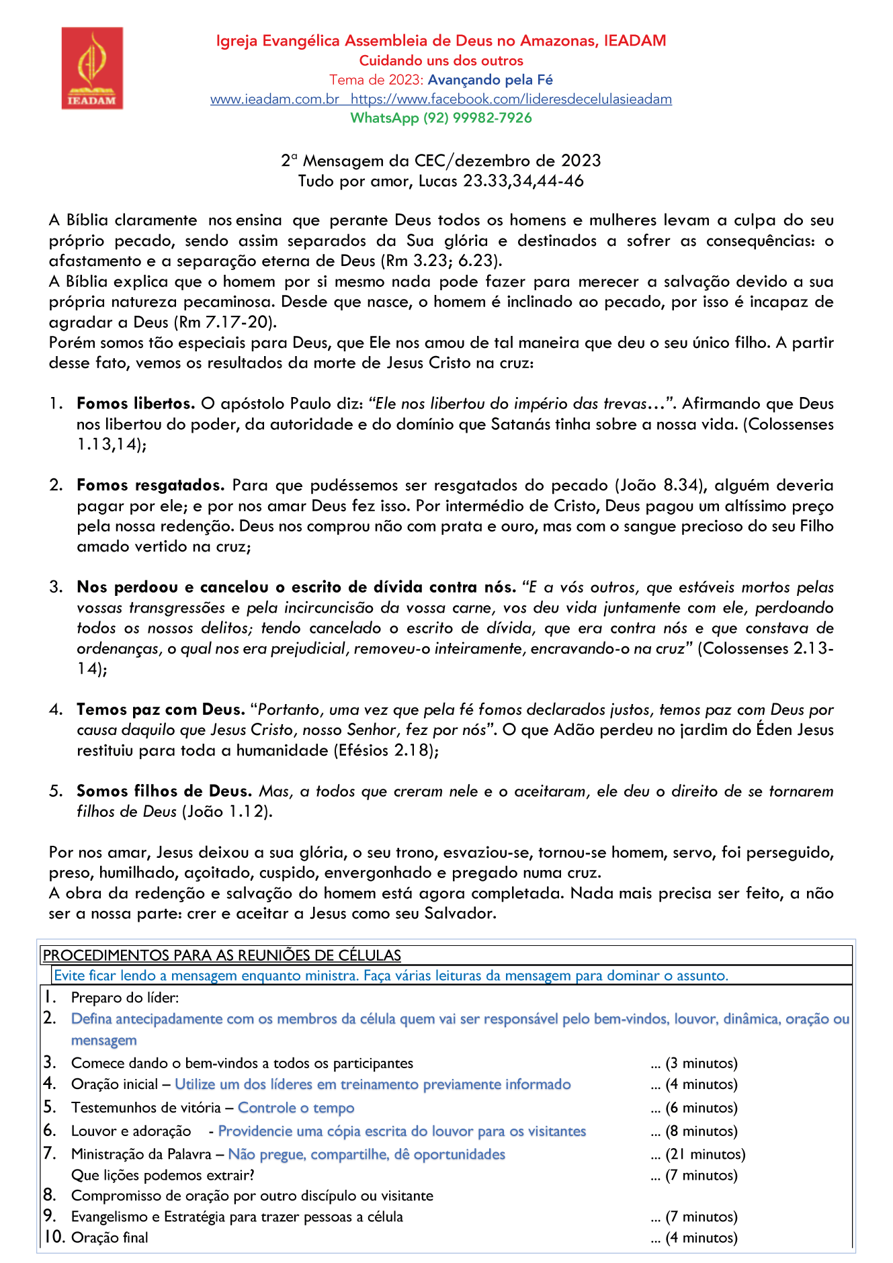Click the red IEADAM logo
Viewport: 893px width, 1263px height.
[x=92, y=68]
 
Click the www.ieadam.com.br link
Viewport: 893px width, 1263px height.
[x=275, y=99]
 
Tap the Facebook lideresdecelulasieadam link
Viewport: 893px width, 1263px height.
[x=511, y=99]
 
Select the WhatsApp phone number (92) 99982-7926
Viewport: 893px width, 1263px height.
[x=477, y=118]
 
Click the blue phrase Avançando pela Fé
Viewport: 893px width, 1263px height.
[x=490, y=80]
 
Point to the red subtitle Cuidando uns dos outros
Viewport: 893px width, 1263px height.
[x=441, y=60]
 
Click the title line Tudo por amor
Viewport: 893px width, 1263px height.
[x=441, y=181]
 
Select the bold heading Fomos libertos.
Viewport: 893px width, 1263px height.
[x=136, y=404]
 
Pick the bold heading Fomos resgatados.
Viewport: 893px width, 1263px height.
[x=151, y=485]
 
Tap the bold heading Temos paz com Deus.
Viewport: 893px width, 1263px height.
[x=161, y=709]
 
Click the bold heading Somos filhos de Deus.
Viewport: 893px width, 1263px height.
[x=164, y=791]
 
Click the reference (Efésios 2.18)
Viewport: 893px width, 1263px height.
[x=386, y=750]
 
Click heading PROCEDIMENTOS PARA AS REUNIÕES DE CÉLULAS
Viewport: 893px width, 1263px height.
[x=222, y=955]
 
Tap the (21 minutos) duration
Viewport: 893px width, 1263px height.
[x=705, y=1154]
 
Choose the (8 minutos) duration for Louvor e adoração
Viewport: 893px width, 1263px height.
[x=701, y=1131]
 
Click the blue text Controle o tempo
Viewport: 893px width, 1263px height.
[x=296, y=1108]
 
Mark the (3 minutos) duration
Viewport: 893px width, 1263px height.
[x=701, y=1063]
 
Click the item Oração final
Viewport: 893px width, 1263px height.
[x=110, y=1237]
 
